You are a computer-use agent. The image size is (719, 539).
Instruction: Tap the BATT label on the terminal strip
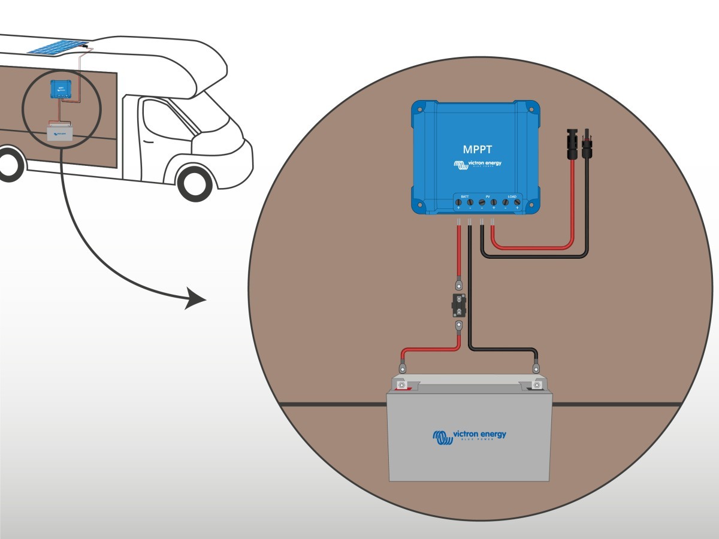point(464,196)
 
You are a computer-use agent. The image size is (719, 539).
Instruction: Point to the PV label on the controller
point(488,196)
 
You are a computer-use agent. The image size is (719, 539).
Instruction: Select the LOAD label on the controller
point(511,196)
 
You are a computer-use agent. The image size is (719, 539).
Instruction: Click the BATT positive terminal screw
point(459,204)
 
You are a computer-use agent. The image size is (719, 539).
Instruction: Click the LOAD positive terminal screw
point(516,204)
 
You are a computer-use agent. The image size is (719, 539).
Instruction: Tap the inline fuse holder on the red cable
point(458,305)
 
